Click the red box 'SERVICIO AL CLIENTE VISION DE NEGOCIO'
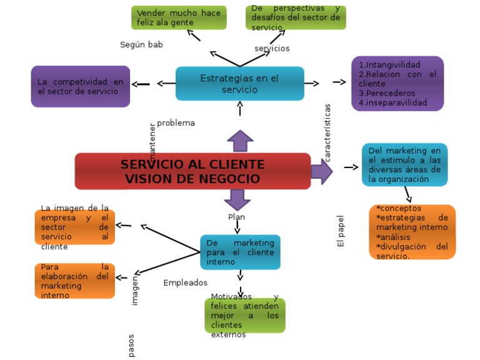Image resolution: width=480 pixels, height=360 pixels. [x=192, y=171]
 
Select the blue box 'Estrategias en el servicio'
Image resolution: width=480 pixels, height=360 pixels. [x=239, y=84]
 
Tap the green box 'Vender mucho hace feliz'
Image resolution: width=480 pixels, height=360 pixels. [x=179, y=17]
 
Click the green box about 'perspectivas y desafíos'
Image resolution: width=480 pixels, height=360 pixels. [x=296, y=17]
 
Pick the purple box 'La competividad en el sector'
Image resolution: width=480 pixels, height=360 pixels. [x=81, y=86]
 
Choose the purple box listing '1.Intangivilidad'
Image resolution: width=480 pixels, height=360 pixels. [x=397, y=84]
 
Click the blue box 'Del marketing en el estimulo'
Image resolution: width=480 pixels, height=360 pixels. [x=404, y=165]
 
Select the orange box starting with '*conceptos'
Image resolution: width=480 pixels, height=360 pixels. [x=412, y=232]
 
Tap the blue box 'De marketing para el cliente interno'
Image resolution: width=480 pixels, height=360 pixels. [x=240, y=252]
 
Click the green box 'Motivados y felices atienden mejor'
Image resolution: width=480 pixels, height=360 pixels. [x=244, y=316]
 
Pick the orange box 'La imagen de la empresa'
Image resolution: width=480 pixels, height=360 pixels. [x=75, y=227]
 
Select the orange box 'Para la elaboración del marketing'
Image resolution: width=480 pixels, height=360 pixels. [x=75, y=281]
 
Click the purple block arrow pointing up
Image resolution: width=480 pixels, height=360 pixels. [x=240, y=141]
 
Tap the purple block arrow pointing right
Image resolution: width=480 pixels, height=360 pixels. [x=321, y=171]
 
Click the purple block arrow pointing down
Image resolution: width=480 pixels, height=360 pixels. [x=237, y=200]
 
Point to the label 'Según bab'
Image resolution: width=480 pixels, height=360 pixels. [x=141, y=45]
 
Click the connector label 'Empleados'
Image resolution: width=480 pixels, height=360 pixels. [x=185, y=283]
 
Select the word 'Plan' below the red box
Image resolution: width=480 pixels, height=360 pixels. [x=236, y=217]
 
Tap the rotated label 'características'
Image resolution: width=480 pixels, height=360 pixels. [x=327, y=132]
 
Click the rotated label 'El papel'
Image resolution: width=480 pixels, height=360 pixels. [x=341, y=231]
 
